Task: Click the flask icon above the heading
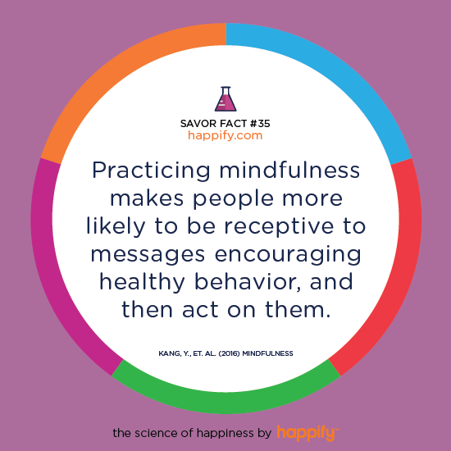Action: tap(225, 99)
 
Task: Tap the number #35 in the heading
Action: tap(260, 124)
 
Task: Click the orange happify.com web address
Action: tap(225, 135)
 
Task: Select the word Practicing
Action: tap(152, 171)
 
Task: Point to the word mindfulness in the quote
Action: tap(289, 170)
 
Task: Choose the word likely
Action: tap(116, 227)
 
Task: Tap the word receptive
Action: tap(279, 227)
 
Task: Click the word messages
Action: tap(148, 255)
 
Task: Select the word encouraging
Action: tap(288, 255)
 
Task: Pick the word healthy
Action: tap(142, 282)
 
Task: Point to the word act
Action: tap(200, 310)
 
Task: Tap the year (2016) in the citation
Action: tap(230, 353)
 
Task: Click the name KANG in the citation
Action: tap(169, 353)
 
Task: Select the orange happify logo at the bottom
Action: tap(307, 433)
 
